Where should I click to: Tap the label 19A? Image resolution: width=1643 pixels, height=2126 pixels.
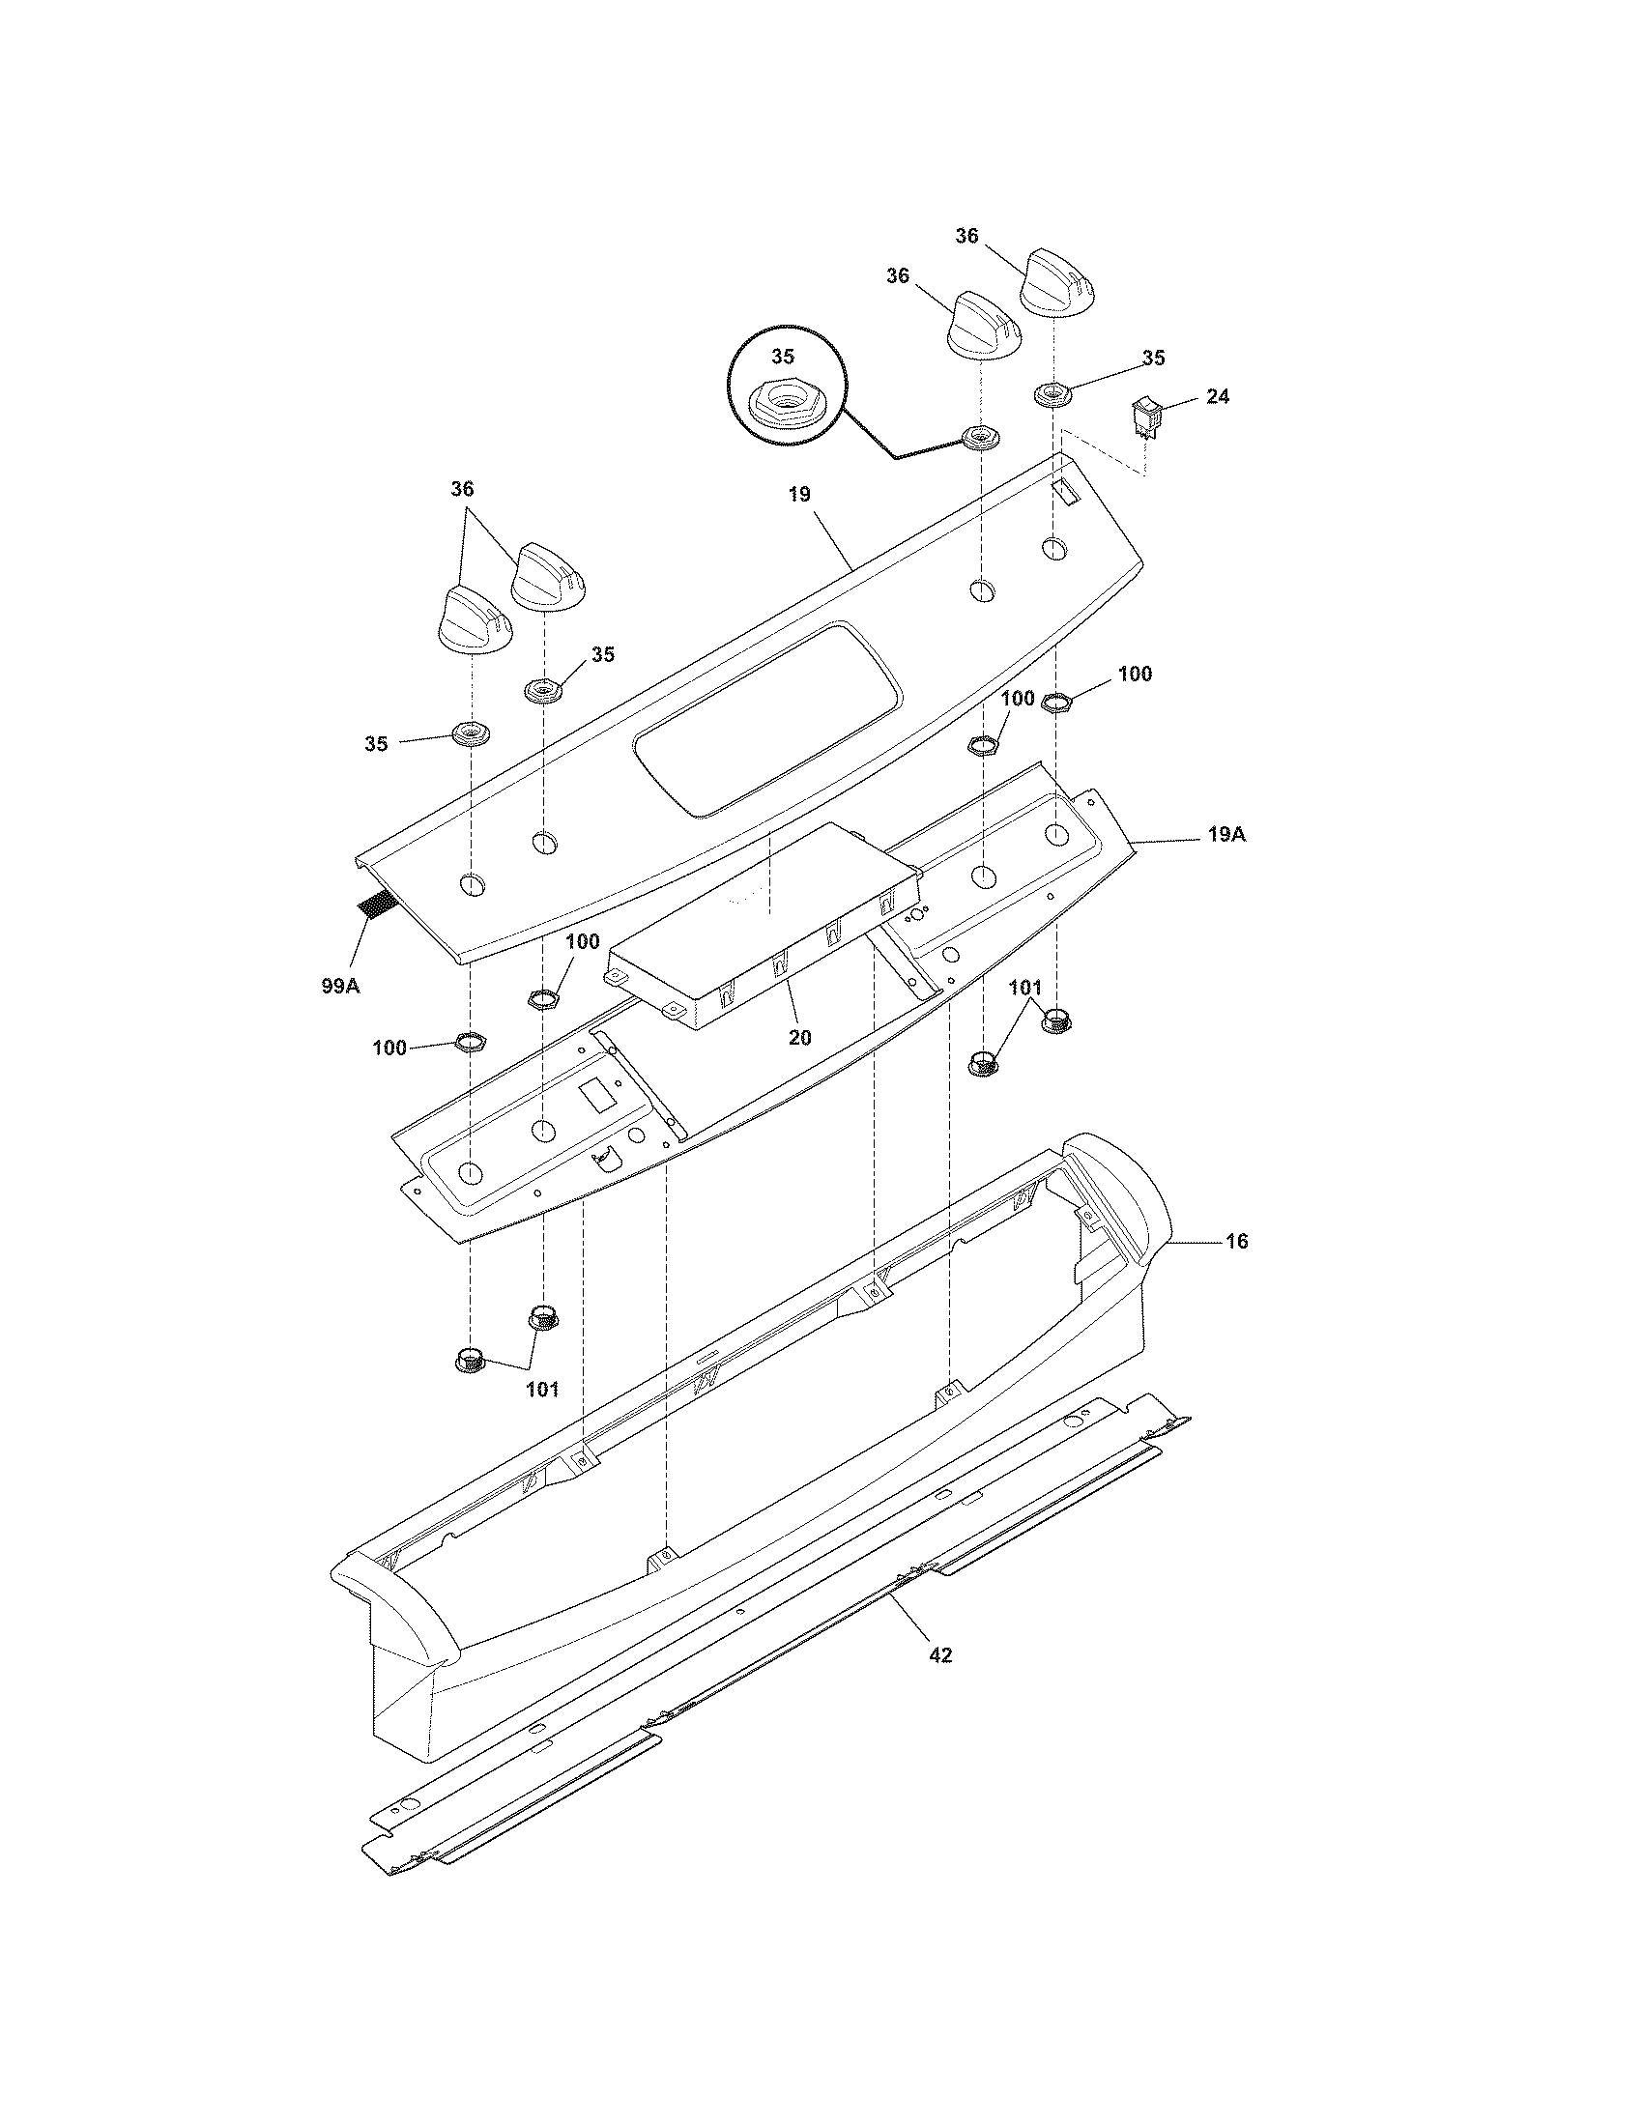click(1226, 835)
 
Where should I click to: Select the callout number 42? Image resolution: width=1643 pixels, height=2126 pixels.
click(940, 1654)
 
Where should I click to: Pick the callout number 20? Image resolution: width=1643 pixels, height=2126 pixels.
click(799, 1038)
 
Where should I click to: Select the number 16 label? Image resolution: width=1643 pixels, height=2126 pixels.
click(1236, 1241)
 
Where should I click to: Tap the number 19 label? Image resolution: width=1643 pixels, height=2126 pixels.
click(798, 495)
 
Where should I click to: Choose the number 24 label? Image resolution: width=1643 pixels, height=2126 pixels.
click(1217, 397)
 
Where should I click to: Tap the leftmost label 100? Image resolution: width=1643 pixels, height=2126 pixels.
click(389, 1048)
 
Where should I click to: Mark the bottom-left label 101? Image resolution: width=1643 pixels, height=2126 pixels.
click(542, 1389)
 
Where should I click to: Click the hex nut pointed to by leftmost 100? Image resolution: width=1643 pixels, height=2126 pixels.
click(471, 1044)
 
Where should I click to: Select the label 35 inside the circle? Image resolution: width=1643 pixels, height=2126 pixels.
click(783, 357)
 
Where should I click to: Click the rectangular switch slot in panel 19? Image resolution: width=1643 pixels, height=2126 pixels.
click(1068, 493)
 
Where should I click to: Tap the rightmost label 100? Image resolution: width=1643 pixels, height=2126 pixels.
click(1134, 674)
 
